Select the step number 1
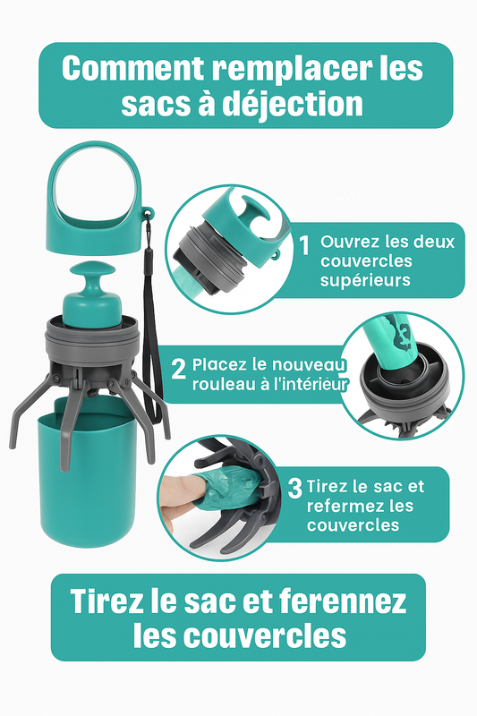coord(304,245)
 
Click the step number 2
coord(178,369)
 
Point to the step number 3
coord(294,488)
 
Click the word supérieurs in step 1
coord(359,280)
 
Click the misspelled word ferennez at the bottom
coord(343,601)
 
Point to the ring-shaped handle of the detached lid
coord(95,153)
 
